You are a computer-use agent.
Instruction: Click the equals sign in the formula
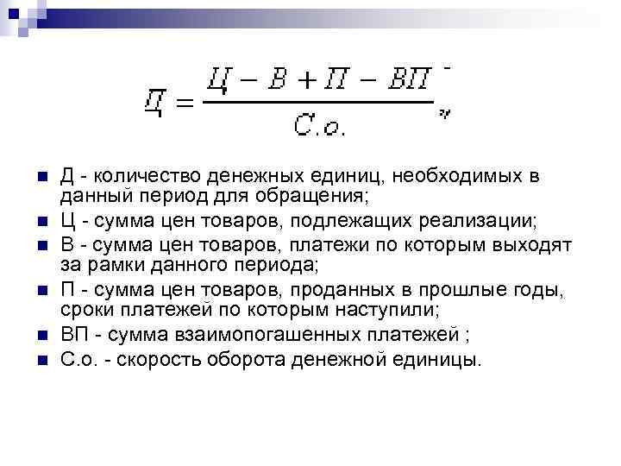pos(183,104)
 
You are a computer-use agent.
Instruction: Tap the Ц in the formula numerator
pos(219,79)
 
